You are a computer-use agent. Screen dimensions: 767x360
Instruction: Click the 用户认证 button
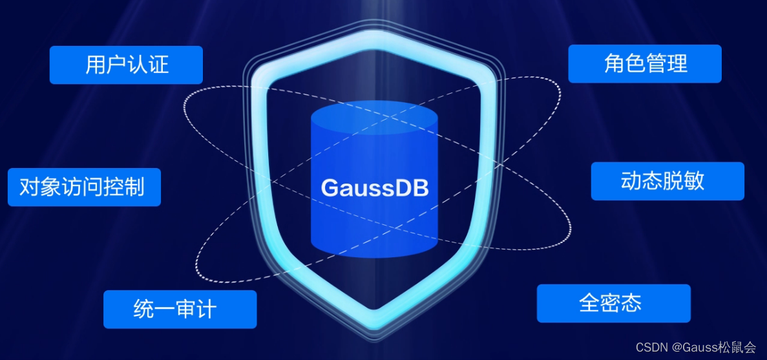click(126, 65)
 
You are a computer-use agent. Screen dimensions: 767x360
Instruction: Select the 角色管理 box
click(645, 63)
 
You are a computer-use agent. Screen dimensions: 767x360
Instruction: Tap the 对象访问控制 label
click(84, 187)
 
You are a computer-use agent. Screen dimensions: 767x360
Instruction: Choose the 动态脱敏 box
click(667, 181)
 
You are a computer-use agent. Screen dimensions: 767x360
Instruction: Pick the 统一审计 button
click(180, 309)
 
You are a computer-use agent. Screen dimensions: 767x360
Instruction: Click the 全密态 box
click(613, 303)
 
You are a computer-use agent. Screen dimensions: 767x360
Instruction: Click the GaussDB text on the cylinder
click(374, 188)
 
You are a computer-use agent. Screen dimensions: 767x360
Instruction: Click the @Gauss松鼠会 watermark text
click(715, 348)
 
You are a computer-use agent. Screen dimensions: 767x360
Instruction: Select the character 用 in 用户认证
click(96, 65)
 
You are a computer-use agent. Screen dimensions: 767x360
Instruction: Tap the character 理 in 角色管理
click(677, 63)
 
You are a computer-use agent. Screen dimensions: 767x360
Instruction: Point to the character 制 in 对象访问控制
click(134, 187)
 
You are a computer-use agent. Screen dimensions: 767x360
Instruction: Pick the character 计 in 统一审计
click(206, 309)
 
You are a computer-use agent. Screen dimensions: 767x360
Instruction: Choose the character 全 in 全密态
click(589, 303)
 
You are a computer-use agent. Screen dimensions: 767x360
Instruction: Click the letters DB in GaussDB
click(414, 188)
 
